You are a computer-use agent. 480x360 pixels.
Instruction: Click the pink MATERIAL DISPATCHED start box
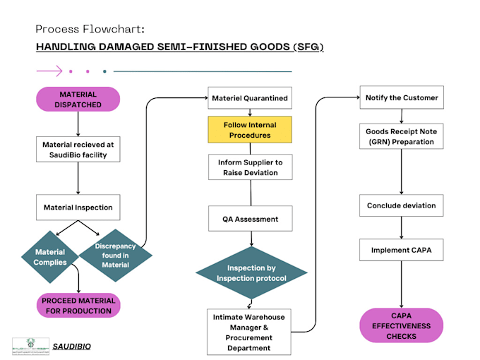(x=78, y=100)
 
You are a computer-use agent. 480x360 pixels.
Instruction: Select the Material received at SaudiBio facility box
(x=78, y=150)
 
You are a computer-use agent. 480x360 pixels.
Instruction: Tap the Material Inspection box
(x=78, y=208)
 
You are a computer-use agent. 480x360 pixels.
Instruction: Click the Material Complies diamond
(x=50, y=257)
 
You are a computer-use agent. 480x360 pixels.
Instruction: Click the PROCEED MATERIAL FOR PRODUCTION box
(x=78, y=306)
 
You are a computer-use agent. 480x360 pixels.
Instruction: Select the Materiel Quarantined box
(x=248, y=98)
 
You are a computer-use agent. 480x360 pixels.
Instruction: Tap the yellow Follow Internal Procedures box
(x=248, y=130)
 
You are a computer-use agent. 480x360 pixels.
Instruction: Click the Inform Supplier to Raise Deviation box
(x=248, y=167)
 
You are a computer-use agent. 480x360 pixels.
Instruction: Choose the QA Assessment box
(x=248, y=219)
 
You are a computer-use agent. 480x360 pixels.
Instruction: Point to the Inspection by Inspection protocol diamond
(x=251, y=272)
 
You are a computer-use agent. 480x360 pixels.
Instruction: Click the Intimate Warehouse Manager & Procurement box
(x=248, y=332)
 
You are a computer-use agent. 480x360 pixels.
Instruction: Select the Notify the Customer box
(x=402, y=97)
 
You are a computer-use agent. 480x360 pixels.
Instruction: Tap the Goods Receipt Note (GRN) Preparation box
(x=402, y=136)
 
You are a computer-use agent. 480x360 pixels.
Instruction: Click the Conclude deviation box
(x=402, y=205)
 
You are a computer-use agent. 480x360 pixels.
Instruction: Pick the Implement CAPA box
(x=402, y=250)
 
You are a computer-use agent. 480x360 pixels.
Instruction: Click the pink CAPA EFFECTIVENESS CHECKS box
(x=402, y=326)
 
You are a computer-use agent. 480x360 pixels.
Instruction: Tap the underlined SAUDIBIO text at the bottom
(x=72, y=347)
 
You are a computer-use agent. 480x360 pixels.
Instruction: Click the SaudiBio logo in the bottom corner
(x=31, y=346)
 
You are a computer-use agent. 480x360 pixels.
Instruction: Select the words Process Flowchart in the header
(x=90, y=30)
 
